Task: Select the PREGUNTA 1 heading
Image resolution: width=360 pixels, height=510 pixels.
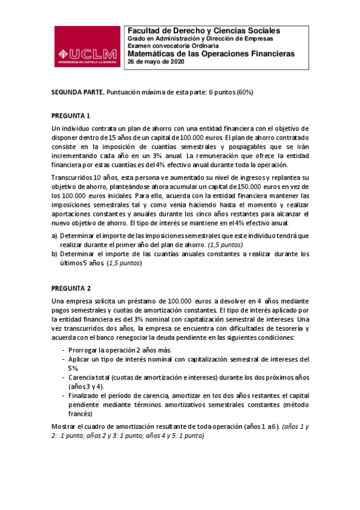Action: [x=71, y=115]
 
